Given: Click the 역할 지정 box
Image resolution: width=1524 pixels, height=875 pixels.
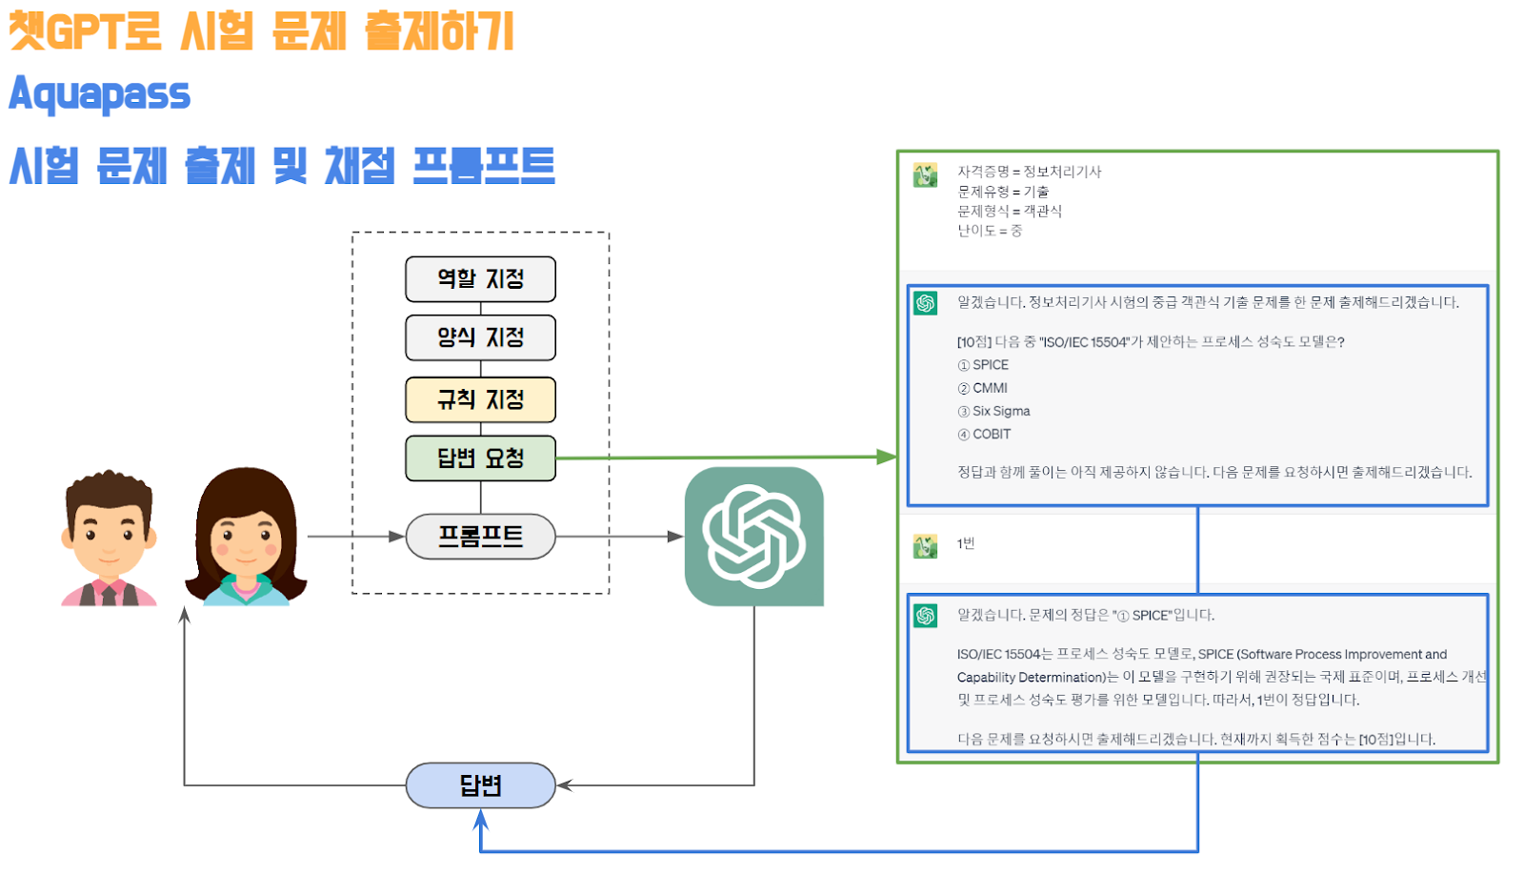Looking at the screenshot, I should pos(480,278).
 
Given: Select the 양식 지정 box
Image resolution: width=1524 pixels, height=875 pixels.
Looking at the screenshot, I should pos(480,337).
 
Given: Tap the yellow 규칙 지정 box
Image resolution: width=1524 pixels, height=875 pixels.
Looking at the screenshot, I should pos(480,399).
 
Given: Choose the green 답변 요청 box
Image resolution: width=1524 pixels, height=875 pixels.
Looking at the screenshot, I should pos(480,458).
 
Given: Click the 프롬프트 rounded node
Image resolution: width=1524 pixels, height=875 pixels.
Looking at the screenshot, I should pos(480,537).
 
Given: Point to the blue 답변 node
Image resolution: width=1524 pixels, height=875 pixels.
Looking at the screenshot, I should pos(480,785).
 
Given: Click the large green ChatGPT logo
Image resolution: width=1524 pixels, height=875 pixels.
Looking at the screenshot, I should pos(753,536).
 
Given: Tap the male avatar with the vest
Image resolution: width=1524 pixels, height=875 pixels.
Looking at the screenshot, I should pos(109,539).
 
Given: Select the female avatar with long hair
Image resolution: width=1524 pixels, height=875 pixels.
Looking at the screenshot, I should pos(246,538).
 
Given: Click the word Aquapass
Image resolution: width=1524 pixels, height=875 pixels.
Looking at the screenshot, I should pos(100,94).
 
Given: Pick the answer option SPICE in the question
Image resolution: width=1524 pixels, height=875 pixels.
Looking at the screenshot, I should pos(990,365).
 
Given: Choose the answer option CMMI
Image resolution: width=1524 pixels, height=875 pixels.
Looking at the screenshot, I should pos(989,388).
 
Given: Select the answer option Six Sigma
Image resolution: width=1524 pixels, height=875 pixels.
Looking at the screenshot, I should pos(1000,411).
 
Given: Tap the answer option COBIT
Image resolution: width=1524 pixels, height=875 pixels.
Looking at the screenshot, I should pos(991,434).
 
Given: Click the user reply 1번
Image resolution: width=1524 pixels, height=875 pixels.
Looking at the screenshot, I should pos(966,543).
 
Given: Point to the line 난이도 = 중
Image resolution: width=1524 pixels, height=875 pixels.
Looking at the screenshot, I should pos(990,231).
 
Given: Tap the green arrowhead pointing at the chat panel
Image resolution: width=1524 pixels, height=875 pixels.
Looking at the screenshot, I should pos(887,457).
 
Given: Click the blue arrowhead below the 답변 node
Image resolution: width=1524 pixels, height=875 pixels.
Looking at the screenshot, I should pos(481,819).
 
